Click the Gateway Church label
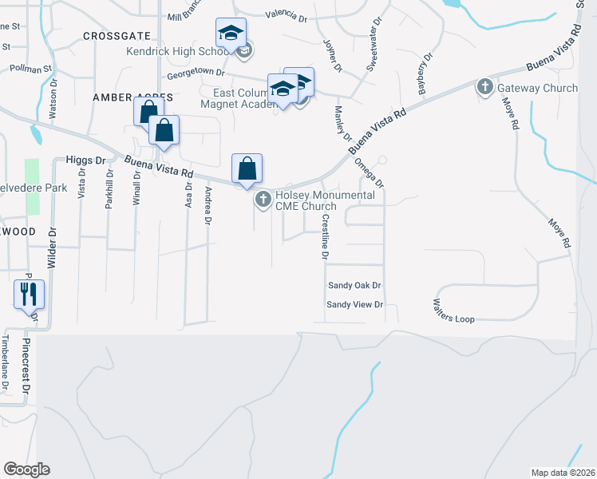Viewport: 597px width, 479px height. click(537, 88)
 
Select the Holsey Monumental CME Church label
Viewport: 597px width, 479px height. click(325, 200)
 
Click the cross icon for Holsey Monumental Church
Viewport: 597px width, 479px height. click(262, 200)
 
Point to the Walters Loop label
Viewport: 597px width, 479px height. click(453, 311)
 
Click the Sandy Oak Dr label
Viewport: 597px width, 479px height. click(355, 285)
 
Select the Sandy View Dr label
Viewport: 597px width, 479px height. click(355, 305)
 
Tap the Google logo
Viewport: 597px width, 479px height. click(26, 469)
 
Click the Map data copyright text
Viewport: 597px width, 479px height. click(563, 472)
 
